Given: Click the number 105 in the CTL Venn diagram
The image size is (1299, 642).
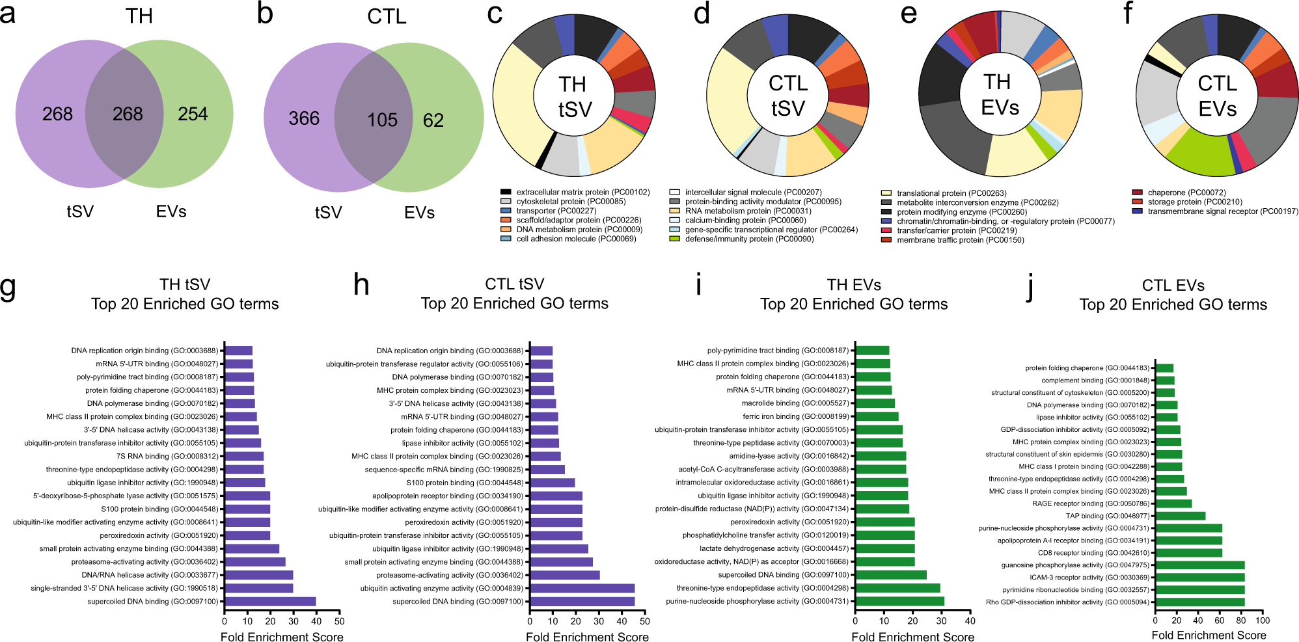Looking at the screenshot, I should click(382, 120).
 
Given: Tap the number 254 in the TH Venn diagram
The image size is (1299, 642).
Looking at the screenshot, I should click(193, 114).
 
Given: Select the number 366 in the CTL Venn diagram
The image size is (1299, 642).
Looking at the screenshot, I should click(304, 118).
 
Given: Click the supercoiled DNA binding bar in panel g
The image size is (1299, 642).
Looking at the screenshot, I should click(270, 602).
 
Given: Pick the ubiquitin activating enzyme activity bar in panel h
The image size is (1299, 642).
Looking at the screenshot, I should click(582, 588).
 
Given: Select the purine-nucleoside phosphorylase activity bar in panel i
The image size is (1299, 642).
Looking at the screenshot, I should click(899, 601).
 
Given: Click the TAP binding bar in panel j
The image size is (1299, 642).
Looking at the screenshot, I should click(1181, 516).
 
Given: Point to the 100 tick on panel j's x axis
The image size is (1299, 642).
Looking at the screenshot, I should click(1263, 621).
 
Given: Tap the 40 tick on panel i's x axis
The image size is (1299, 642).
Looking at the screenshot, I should click(970, 621).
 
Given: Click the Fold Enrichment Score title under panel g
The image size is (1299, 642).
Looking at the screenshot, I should click(282, 637).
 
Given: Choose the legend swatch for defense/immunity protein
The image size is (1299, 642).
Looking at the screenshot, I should click(674, 239).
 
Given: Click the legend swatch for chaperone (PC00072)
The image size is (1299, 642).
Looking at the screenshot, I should click(1137, 193).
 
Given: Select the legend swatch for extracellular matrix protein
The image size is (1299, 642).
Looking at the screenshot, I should click(506, 192).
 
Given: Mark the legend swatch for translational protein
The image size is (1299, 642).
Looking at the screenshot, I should click(886, 193).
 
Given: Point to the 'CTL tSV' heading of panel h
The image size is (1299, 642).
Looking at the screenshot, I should click(514, 284).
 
